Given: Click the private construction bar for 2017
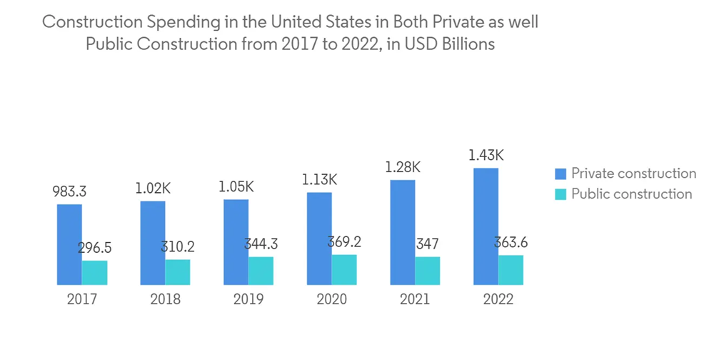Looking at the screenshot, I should pyautogui.click(x=69, y=244).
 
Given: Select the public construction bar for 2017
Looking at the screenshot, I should pyautogui.click(x=94, y=272).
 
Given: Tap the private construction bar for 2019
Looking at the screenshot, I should pyautogui.click(x=236, y=242).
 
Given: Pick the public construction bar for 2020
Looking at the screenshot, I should pyautogui.click(x=344, y=269).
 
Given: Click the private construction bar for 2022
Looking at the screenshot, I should pyautogui.click(x=486, y=226).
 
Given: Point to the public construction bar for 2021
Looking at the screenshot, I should pyautogui.click(x=427, y=271).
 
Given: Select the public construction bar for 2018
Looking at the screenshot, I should pyautogui.click(x=178, y=271).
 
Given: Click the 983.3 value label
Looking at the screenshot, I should pyautogui.click(x=70, y=192).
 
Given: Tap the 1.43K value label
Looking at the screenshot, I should pyautogui.click(x=486, y=155).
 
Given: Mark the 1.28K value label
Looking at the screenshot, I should pyautogui.click(x=403, y=167).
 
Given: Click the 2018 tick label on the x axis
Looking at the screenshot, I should pyautogui.click(x=165, y=299).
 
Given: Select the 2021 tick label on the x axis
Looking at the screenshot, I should pyautogui.click(x=415, y=299).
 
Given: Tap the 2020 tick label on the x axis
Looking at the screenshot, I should pyautogui.click(x=331, y=299).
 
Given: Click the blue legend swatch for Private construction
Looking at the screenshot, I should pyautogui.click(x=560, y=174).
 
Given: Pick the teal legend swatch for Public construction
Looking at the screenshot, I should pyautogui.click(x=560, y=194).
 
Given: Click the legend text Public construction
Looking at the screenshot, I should pyautogui.click(x=631, y=194).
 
